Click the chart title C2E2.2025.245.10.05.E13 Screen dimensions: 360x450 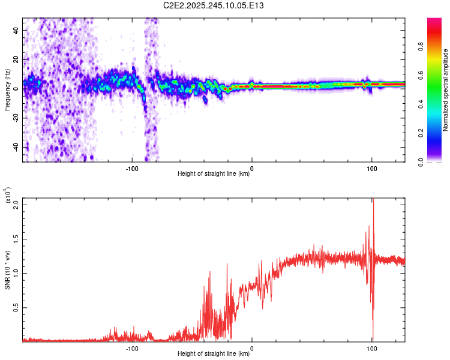(214, 5)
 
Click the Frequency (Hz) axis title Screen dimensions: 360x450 (7, 89)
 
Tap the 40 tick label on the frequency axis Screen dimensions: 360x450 (16, 30)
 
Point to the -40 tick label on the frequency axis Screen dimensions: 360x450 (14, 147)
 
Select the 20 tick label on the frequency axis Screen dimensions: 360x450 (16, 59)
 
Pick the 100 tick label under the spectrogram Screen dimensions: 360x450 (371, 167)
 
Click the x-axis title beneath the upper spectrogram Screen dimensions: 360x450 (214, 174)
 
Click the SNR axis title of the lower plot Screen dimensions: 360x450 (7, 269)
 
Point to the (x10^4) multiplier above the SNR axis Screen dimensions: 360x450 (8, 196)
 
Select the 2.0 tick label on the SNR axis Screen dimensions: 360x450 (14, 204)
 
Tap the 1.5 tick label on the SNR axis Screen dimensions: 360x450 (14, 239)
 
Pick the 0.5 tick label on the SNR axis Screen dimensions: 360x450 (14, 307)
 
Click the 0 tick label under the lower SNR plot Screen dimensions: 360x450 (252, 347)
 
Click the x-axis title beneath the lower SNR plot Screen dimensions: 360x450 (214, 354)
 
